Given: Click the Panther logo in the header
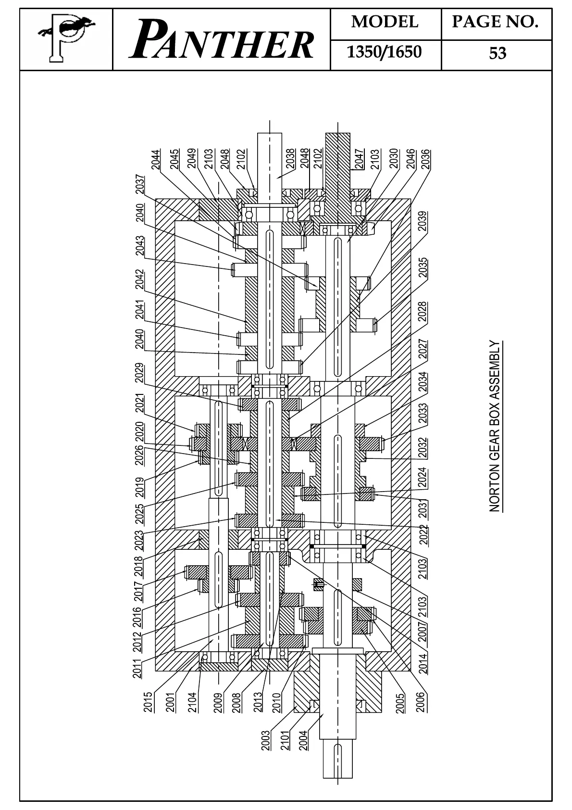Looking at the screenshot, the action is [66, 39].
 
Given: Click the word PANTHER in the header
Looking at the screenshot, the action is [222, 41].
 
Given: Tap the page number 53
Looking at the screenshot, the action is [497, 53].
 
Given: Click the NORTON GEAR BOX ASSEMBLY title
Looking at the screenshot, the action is [495, 426].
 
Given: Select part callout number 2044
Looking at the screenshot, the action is [156, 159].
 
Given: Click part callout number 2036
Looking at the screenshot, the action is [425, 159].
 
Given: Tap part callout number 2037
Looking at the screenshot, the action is [139, 184].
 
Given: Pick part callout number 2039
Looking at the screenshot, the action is [423, 221].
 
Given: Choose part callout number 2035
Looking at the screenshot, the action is [423, 268].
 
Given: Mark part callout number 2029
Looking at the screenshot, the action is [139, 373].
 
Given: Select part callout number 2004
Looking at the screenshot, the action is [303, 741].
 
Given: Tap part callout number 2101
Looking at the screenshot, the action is [285, 741].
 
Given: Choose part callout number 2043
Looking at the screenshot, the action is [139, 245].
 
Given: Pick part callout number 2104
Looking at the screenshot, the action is [192, 702].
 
